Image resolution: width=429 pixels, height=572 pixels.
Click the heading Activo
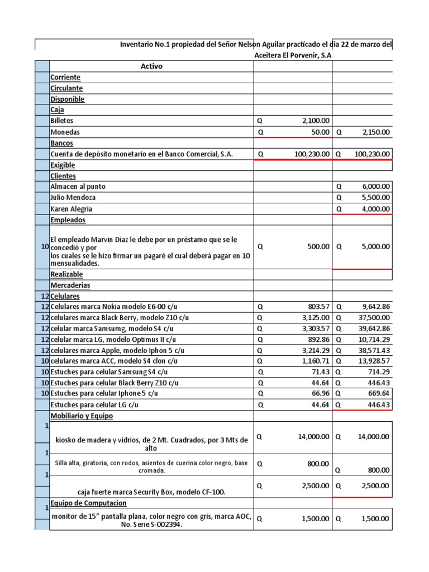coord(151,66)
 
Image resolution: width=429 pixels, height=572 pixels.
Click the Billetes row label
coord(62,121)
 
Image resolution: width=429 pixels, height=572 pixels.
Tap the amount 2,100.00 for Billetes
coord(313,121)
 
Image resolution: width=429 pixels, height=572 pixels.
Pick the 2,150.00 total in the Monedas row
coord(374,132)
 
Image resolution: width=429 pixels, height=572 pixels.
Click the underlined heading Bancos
coord(63,144)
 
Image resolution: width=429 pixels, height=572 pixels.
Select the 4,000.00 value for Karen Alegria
coord(375,209)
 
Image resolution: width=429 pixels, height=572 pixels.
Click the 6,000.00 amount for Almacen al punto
coord(375,187)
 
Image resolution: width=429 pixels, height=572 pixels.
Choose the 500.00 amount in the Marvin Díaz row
coord(318,246)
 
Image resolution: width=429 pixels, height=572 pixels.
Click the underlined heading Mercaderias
coord(70,285)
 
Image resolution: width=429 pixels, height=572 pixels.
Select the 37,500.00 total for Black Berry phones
coord(373,318)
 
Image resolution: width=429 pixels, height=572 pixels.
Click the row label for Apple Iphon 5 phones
coord(117,350)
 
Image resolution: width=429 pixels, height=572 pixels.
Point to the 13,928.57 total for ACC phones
coord(373,361)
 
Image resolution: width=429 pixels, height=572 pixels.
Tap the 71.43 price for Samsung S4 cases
coord(321,372)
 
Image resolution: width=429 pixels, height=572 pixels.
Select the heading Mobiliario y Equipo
coord(84,416)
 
